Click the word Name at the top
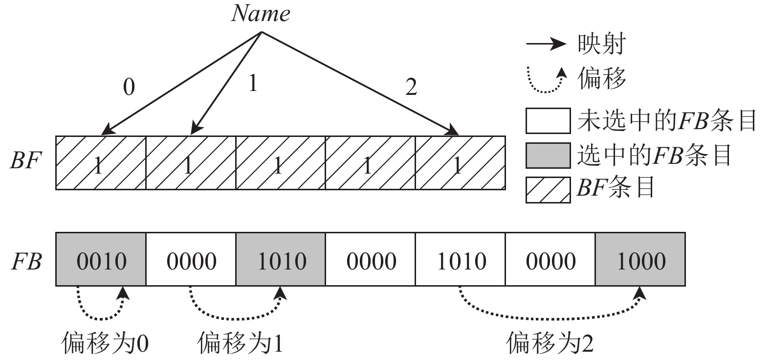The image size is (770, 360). (261, 13)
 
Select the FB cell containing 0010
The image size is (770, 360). (101, 259)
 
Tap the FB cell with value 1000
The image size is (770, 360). (640, 259)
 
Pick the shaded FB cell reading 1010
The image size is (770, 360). (281, 259)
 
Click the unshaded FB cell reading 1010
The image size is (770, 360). (461, 259)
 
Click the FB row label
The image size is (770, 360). (26, 261)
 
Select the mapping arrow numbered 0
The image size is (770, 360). (181, 83)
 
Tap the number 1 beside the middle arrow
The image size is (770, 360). (252, 84)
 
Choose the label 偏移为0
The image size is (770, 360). (105, 342)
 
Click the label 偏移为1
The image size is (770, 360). (240, 342)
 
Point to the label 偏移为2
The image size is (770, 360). (550, 342)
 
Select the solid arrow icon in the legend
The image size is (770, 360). (546, 45)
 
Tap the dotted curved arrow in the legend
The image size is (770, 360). (547, 81)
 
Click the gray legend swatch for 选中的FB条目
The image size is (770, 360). (548, 155)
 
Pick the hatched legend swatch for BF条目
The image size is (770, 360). (548, 189)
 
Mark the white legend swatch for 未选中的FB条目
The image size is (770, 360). (548, 121)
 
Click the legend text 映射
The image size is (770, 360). (601, 45)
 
